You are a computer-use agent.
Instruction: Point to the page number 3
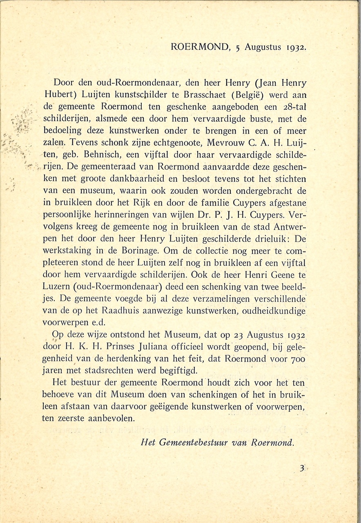(302, 469)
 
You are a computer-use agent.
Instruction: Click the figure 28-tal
(292, 107)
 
